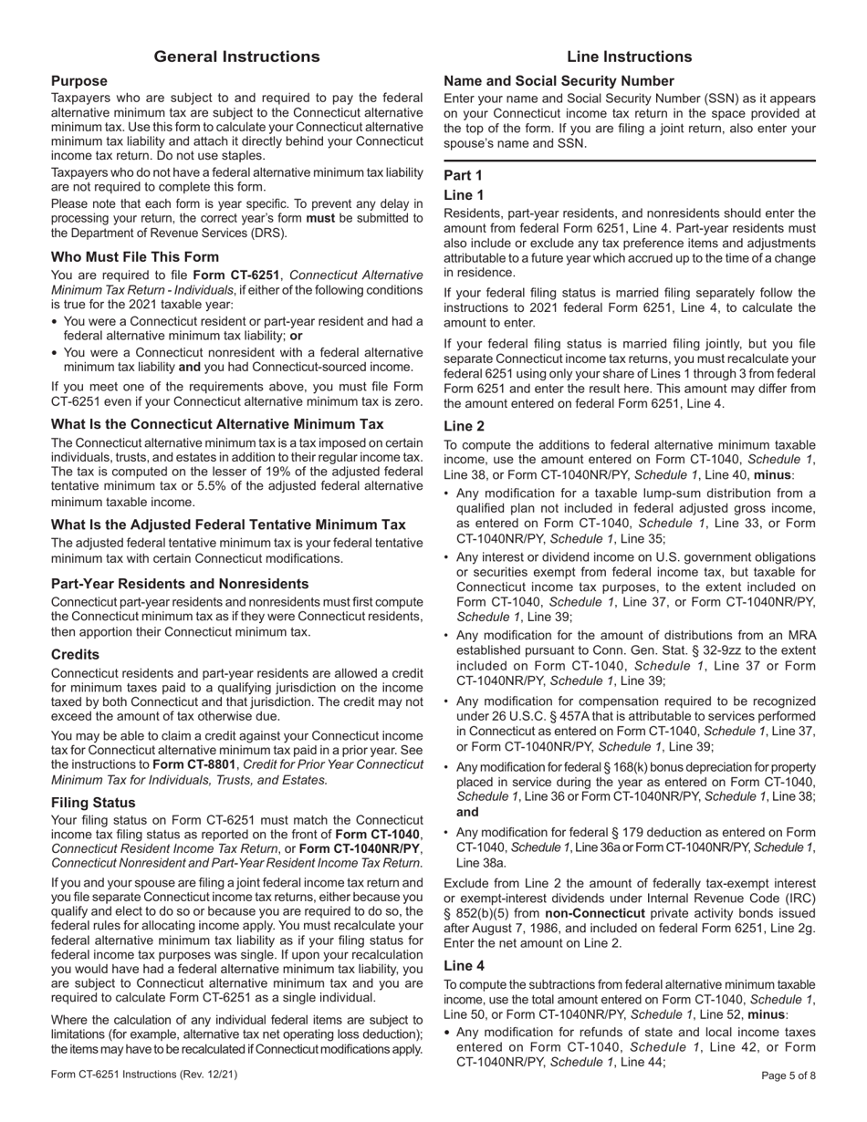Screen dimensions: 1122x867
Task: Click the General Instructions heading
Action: (236, 57)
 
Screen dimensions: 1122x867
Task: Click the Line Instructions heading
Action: (629, 57)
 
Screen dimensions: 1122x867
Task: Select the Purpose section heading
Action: (78, 81)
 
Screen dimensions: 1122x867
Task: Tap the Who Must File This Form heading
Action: (135, 257)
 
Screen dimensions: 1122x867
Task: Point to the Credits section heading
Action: (76, 654)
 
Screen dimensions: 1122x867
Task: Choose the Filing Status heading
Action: (93, 803)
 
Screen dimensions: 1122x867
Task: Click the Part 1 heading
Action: (463, 174)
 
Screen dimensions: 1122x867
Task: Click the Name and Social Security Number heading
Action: (571, 81)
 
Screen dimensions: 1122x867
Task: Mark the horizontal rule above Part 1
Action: (629, 161)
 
